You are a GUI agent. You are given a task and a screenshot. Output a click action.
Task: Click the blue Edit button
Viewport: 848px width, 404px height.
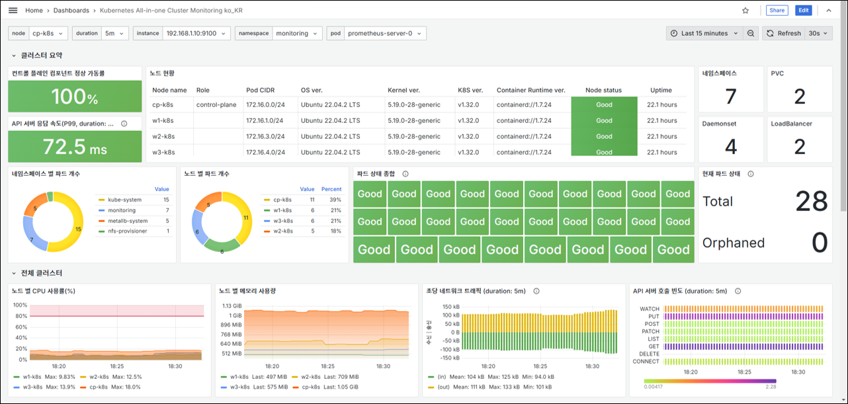pos(803,10)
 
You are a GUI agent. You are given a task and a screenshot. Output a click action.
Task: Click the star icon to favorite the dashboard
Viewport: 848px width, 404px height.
pos(745,11)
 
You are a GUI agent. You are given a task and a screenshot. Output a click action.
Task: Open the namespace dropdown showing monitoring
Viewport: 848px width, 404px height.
pos(297,33)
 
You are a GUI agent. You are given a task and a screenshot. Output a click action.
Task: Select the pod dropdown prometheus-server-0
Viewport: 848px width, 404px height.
pos(385,33)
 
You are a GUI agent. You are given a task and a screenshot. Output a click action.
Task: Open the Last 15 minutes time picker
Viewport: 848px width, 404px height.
pos(704,33)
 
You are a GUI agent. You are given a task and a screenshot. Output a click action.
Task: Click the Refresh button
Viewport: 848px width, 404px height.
pos(784,33)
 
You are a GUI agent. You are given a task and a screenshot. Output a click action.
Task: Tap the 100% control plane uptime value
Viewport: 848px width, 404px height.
pos(75,97)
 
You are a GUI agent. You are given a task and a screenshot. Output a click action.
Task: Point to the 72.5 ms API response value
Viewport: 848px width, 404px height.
pos(75,147)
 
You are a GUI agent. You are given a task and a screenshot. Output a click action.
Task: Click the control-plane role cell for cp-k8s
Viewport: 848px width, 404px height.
pos(216,104)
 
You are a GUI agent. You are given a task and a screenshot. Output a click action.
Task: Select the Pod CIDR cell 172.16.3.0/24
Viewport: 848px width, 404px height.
pos(265,137)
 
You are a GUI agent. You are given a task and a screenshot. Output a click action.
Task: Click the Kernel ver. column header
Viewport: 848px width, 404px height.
pos(403,90)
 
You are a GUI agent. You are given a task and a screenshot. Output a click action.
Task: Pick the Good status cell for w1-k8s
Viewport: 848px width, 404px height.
pos(604,120)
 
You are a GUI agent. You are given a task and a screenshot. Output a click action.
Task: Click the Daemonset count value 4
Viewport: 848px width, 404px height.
pos(731,147)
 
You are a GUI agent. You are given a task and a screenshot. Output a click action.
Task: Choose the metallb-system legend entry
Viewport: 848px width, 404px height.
pos(128,221)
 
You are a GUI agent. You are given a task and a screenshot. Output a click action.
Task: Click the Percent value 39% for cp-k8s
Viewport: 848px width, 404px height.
pos(335,200)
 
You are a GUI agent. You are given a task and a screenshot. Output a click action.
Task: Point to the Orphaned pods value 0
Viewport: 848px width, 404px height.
pos(820,243)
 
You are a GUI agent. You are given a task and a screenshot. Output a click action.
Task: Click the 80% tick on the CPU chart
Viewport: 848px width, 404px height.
pos(21,316)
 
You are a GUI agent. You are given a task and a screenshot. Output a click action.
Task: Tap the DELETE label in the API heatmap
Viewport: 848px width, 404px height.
pos(650,354)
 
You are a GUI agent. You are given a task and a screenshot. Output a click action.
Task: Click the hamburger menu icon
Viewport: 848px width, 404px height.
pos(13,11)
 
